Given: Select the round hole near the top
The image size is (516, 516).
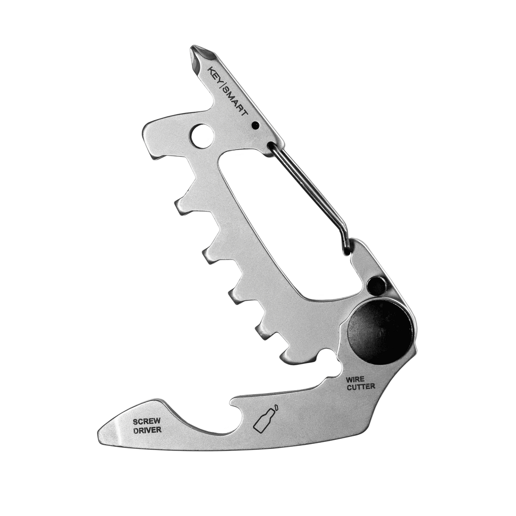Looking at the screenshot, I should (x=201, y=135).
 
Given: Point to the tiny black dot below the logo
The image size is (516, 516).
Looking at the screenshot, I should (x=255, y=125).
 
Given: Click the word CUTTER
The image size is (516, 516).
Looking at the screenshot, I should (x=360, y=387).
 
